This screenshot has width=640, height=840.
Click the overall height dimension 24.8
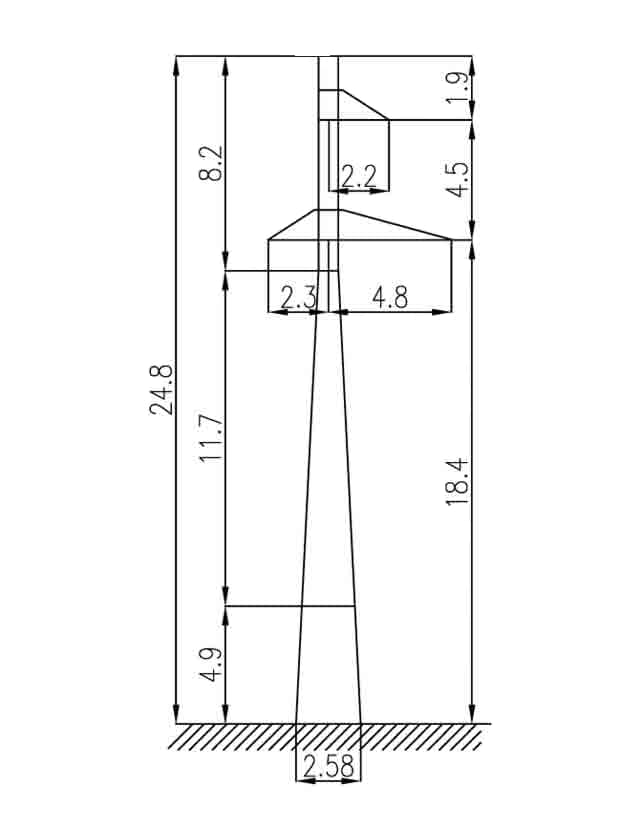(x=161, y=389)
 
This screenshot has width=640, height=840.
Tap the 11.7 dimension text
(x=210, y=438)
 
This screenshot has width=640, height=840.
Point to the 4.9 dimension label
(x=210, y=664)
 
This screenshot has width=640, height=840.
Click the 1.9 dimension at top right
(x=458, y=87)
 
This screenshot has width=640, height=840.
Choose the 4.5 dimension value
(x=458, y=179)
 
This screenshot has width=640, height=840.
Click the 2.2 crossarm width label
(x=359, y=176)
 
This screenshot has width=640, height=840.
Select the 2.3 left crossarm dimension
(x=299, y=297)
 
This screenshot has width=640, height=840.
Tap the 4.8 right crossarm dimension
(x=390, y=297)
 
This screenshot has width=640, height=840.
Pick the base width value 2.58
(x=328, y=767)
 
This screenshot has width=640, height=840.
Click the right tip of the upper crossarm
(x=388, y=119)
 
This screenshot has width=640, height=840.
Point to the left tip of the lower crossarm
(x=268, y=240)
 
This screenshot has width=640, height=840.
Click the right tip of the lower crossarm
(x=451, y=240)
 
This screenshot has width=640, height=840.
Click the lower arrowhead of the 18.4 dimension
(x=472, y=712)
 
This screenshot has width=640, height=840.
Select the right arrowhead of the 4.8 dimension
(x=441, y=311)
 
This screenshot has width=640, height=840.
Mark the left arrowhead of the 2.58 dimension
(x=306, y=781)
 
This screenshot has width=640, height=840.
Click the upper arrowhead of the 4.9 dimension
(x=226, y=617)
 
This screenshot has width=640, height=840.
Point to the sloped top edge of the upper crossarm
(x=365, y=104)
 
